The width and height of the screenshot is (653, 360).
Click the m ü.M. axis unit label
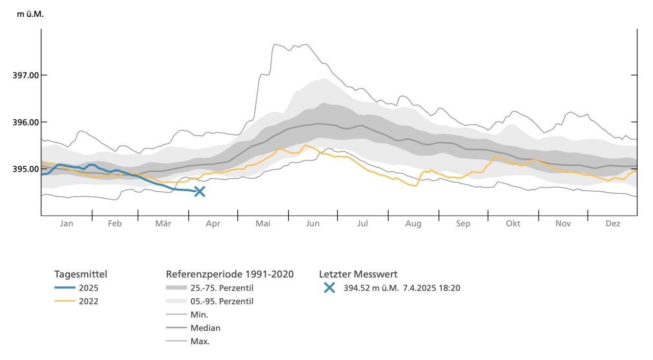pyautogui.click(x=31, y=14)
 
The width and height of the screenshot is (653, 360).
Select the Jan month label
pyautogui.click(x=66, y=223)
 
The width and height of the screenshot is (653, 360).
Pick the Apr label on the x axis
pyautogui.click(x=213, y=223)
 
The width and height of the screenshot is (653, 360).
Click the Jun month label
pyautogui.click(x=312, y=223)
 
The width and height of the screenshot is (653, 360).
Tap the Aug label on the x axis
pyautogui.click(x=413, y=223)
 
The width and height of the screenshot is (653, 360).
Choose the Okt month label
pyautogui.click(x=513, y=223)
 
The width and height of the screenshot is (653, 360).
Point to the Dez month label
pyautogui.click(x=613, y=223)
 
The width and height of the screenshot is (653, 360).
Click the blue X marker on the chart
pyautogui.click(x=199, y=191)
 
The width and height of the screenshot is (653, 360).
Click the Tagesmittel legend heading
pyautogui.click(x=81, y=274)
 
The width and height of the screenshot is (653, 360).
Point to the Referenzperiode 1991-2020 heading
pyautogui.click(x=230, y=274)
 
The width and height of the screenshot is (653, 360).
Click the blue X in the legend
pyautogui.click(x=330, y=288)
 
